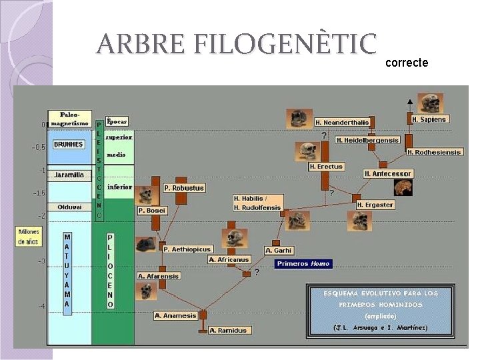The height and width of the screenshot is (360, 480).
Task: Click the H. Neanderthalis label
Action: tap(341, 123)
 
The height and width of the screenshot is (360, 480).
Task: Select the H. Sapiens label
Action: tap(429, 119)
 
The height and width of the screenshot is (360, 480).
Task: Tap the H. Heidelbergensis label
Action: tap(367, 140)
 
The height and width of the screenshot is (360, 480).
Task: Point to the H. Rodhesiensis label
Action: tap(434, 152)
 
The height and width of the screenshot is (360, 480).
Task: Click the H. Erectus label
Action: tap(326, 167)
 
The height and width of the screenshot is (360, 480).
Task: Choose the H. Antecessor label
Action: tap(388, 173)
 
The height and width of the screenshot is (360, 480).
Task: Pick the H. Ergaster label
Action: tap(375, 205)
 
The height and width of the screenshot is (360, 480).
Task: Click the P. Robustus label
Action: tap(183, 188)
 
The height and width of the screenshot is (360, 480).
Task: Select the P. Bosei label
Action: tap(152, 211)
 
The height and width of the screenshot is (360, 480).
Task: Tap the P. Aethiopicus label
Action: tap(187, 249)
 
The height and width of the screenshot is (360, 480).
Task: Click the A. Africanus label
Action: tap(229, 259)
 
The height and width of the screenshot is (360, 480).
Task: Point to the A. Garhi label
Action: tap(279, 250)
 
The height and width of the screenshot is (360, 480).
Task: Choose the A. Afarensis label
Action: tap(159, 275)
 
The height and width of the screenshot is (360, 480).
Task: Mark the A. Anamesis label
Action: tap(176, 315)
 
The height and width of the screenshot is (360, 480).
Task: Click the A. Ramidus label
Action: tap(229, 330)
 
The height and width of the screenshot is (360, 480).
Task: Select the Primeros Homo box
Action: tap(303, 263)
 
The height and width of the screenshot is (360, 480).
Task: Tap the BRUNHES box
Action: tap(69, 144)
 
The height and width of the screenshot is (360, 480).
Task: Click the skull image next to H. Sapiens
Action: tap(430, 103)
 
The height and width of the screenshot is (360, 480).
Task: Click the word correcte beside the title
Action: tap(407, 63)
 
